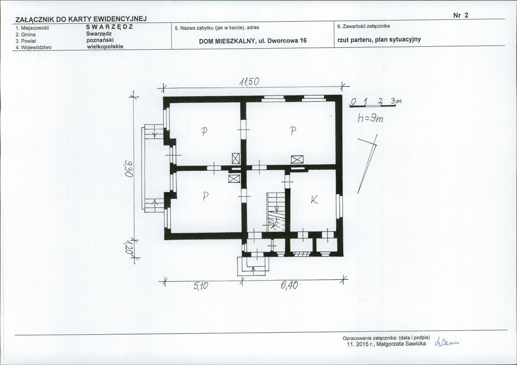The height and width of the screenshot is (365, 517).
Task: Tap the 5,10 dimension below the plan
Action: click(x=201, y=286)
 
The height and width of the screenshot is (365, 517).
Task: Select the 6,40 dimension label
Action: click(x=289, y=285)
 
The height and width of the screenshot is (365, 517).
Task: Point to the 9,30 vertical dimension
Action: click(x=128, y=168)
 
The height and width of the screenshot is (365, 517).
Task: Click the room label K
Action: click(x=314, y=199)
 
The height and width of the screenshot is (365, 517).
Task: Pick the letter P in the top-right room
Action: click(x=293, y=131)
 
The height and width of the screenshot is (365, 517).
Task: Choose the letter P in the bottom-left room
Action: click(x=205, y=196)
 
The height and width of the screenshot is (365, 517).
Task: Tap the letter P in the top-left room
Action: click(x=204, y=132)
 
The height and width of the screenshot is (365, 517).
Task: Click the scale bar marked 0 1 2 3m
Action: click(x=375, y=103)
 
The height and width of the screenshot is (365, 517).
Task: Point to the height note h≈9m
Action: click(x=370, y=118)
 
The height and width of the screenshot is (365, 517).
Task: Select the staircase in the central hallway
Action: click(x=276, y=212)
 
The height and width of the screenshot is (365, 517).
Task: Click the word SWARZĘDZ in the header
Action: click(x=110, y=27)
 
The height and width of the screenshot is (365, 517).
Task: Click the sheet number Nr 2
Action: click(x=461, y=15)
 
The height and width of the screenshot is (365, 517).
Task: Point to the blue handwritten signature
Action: click(x=447, y=342)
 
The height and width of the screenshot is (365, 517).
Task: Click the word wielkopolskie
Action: click(x=105, y=47)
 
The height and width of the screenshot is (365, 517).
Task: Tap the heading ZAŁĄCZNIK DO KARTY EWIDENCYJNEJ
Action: click(x=81, y=19)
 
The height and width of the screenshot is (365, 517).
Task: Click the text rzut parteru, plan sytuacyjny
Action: click(x=379, y=40)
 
